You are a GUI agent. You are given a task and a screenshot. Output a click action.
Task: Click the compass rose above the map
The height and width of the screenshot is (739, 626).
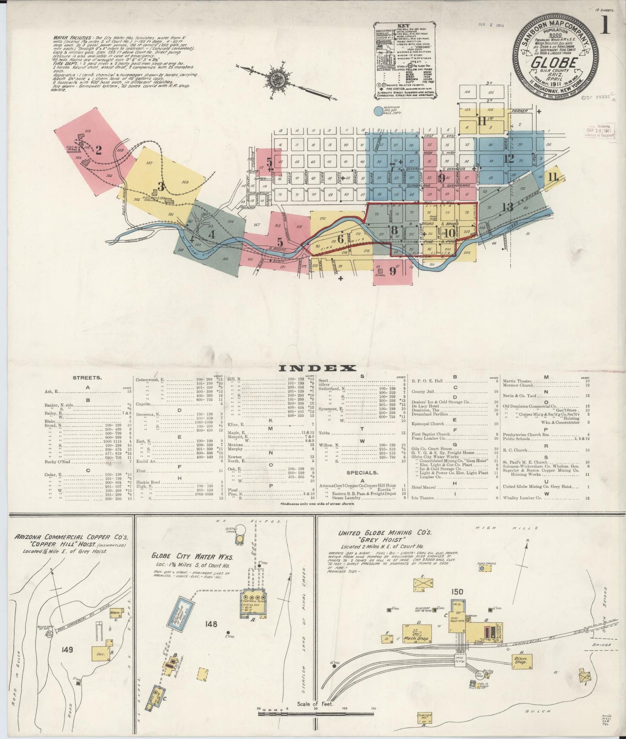tap(276, 79)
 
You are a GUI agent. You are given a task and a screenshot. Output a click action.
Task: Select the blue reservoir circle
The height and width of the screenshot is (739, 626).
tap(379, 111)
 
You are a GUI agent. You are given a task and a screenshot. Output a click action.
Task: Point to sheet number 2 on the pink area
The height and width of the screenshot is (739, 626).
tap(99, 150)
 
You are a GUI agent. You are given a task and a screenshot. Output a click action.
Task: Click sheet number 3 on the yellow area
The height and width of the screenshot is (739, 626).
tap(161, 187)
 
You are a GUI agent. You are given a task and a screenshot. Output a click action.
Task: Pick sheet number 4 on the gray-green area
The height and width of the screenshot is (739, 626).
tap(211, 234)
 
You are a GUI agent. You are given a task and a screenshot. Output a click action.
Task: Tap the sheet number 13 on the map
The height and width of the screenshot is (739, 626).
tap(507, 207)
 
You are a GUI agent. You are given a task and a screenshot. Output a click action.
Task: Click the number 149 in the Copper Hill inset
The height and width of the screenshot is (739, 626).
tap(68, 650)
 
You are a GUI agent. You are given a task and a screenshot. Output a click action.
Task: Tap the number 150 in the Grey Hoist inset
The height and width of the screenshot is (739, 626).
tap(457, 592)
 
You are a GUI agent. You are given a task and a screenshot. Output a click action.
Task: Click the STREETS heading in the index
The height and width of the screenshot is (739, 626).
tap(88, 378)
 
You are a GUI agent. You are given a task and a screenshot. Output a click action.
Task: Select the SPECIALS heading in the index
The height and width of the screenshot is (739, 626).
tap(362, 472)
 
